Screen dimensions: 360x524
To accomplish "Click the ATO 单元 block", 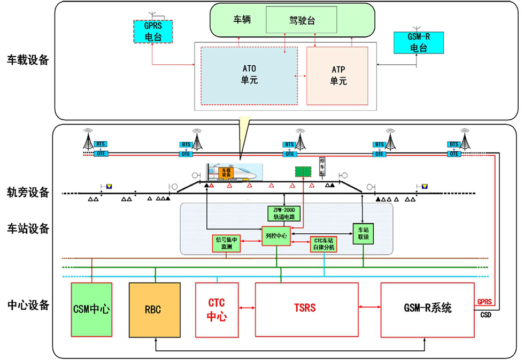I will point(249,75).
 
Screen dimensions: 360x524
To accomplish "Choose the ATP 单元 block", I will point(337,75).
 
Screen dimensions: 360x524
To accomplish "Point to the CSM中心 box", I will point(91,310).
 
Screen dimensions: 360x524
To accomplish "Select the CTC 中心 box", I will point(217,310).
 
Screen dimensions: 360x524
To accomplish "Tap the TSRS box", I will point(306,309).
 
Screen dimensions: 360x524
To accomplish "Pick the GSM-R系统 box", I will point(427,309).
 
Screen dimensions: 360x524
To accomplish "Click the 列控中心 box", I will point(276,235).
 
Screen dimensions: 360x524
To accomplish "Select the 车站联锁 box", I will point(364,233).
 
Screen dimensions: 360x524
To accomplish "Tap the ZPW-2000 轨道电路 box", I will point(284,213).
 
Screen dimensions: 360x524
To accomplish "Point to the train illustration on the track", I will point(235,172).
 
